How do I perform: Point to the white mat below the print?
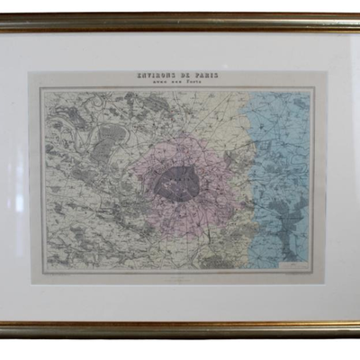[x=180, y=301]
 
